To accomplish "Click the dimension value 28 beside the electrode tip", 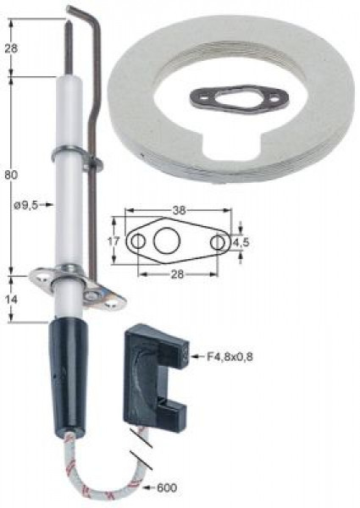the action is [x=11, y=48].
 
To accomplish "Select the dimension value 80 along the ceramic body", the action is [x=11, y=175].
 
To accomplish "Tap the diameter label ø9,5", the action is [x=26, y=205].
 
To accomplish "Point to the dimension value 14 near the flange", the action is [x=11, y=300].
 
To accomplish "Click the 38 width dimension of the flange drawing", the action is [x=179, y=210].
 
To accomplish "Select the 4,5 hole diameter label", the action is [x=241, y=242].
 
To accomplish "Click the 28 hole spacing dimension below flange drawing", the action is [x=177, y=274].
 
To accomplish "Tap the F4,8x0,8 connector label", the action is [x=230, y=356].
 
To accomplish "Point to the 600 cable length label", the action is [x=167, y=487].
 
